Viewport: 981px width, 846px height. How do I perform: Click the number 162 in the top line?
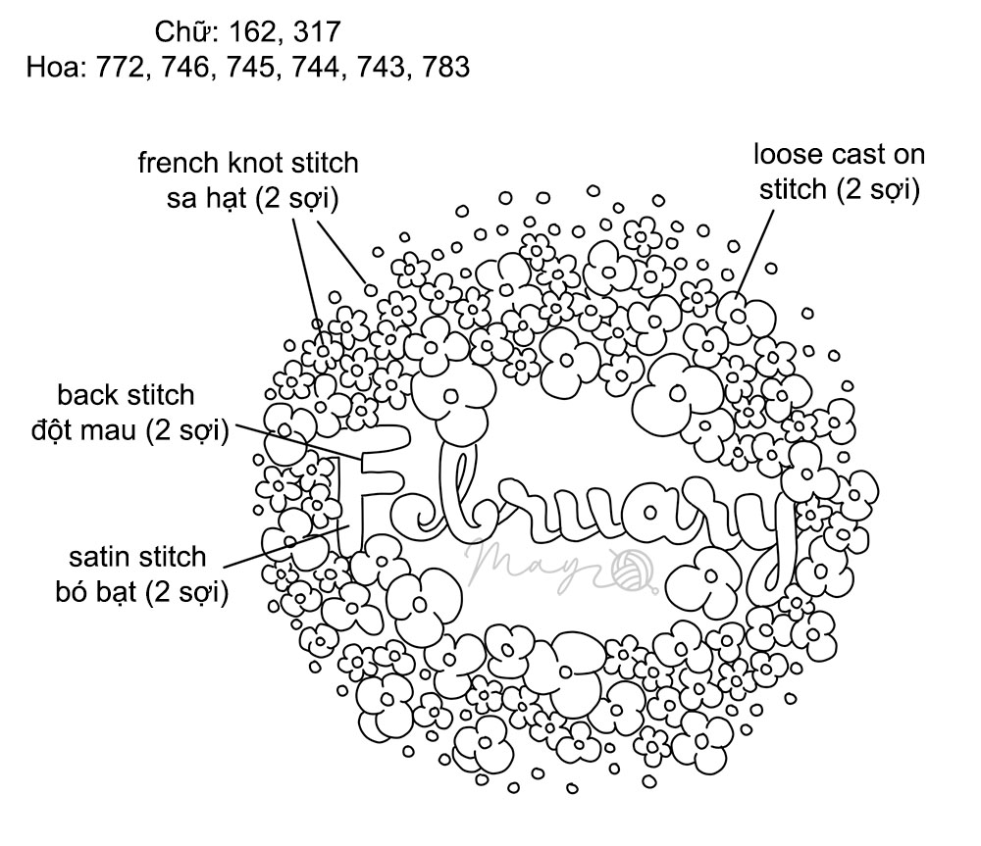250,32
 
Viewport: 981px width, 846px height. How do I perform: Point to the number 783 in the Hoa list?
443,67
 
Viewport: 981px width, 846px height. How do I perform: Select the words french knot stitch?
248,163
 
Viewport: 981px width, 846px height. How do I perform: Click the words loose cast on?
839,154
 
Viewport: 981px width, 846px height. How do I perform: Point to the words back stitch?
126,396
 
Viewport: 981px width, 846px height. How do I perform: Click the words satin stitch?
138,558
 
